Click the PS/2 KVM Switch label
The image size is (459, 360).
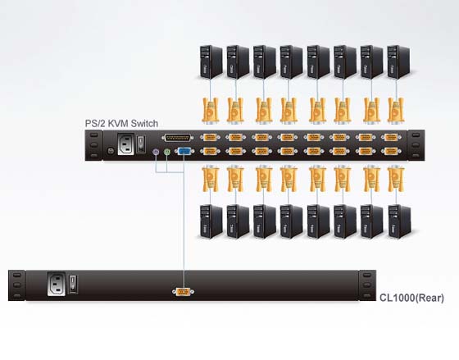121,124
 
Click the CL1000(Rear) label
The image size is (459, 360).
411,298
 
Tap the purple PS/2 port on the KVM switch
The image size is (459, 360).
156,152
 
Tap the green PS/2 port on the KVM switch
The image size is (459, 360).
167,152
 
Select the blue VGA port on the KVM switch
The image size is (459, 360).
184,151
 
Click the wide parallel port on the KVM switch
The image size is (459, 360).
177,138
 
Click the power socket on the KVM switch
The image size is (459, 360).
126,144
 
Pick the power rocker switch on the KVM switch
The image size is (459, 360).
141,144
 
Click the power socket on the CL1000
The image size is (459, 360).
57,284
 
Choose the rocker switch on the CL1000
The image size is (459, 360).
73,284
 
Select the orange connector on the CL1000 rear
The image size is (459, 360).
183,292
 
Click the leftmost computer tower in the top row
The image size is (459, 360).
211,62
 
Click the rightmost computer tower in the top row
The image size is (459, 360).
398,62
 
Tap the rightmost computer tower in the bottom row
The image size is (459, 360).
400,221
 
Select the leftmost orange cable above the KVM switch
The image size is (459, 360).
211,110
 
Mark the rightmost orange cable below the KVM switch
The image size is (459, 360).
396,179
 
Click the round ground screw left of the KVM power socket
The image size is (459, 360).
111,151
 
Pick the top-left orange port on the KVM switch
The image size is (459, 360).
210,137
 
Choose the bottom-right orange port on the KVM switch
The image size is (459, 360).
391,151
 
